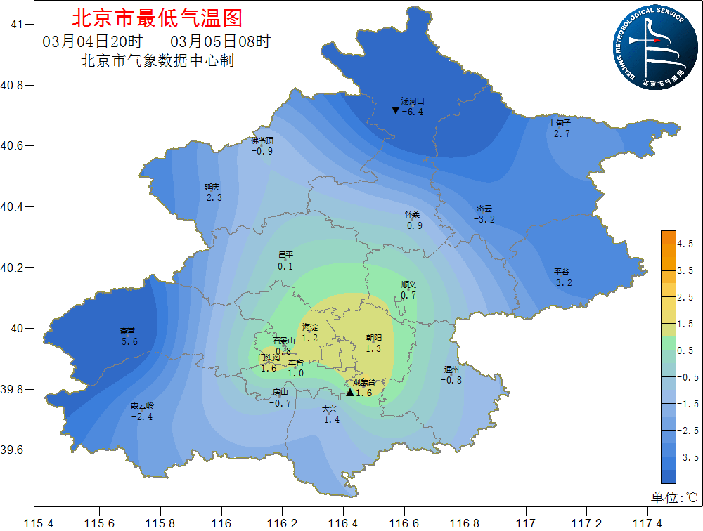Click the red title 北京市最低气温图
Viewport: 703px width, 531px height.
tap(157, 17)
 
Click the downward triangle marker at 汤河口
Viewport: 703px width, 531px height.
tap(396, 111)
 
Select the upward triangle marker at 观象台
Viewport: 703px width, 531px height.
tap(350, 393)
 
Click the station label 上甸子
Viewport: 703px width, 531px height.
tap(559, 124)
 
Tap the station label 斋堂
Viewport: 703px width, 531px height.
tap(127, 331)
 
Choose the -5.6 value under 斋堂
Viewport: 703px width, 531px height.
tap(127, 341)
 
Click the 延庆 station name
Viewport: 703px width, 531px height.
tap(212, 188)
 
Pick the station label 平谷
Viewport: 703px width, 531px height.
tap(561, 272)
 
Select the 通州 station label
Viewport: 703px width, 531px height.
tap(451, 370)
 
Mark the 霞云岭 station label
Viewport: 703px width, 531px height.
tap(142, 406)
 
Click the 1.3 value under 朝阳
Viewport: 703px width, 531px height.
tap(373, 348)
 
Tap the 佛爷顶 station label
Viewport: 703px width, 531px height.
tap(262, 140)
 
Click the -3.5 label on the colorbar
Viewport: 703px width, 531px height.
tap(683, 457)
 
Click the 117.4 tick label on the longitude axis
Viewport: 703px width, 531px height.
tap(647, 523)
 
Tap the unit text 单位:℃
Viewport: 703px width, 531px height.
tap(673, 497)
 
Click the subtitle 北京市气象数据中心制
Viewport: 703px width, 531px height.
tap(157, 61)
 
